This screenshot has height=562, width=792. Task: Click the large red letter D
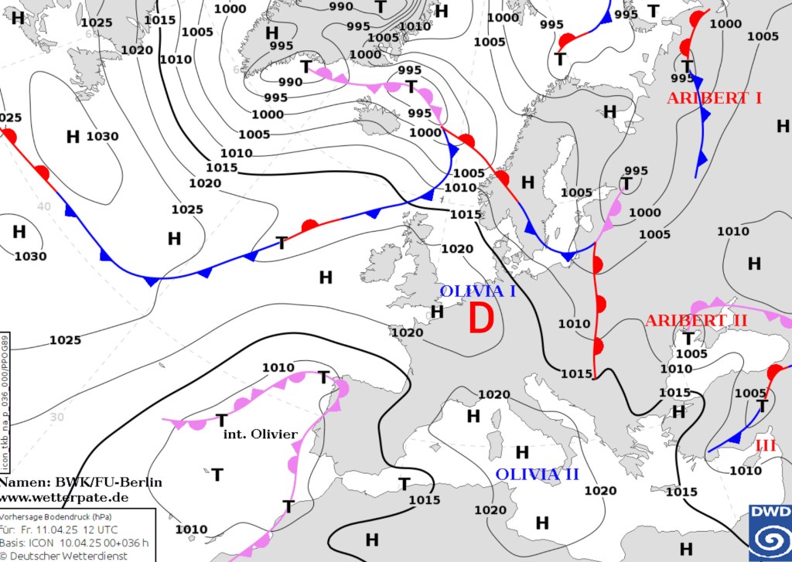481,318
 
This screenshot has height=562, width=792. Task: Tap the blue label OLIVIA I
477,291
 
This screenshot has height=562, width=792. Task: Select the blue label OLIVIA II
537,474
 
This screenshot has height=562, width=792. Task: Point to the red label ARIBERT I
714,98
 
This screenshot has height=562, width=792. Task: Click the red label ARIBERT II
696,320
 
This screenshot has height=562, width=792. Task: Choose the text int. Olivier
260,434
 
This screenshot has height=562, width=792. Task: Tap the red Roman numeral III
765,444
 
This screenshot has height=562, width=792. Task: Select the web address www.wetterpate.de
64,496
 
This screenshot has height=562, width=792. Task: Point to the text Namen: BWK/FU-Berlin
81,482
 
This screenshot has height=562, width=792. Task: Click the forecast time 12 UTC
100,530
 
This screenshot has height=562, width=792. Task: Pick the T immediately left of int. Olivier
221,420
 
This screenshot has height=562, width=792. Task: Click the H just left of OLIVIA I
437,311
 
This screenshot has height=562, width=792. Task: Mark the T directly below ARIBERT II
687,338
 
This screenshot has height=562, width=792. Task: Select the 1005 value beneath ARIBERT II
691,353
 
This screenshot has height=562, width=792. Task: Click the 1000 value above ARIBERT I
725,24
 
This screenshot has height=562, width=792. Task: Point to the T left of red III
761,406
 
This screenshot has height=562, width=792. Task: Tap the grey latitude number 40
43,206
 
